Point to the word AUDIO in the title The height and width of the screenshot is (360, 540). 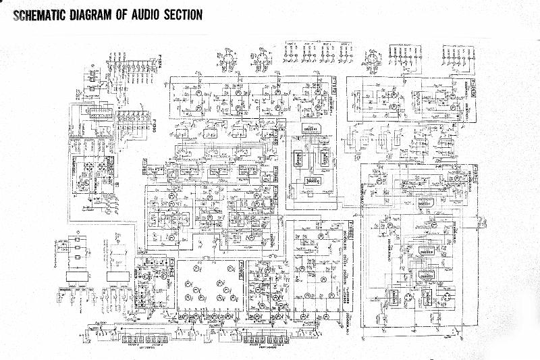(x=149, y=15)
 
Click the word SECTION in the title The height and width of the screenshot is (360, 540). (x=184, y=15)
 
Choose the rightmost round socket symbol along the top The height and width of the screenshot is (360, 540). (x=371, y=58)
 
